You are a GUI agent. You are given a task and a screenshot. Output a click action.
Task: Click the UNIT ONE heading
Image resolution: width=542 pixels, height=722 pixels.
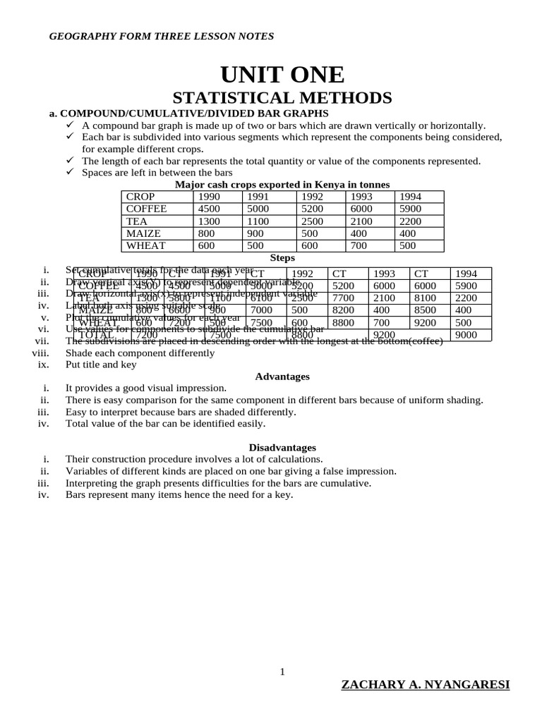(x=282, y=74)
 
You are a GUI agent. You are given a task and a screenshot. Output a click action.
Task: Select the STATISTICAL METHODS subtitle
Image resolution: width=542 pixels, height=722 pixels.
(x=282, y=98)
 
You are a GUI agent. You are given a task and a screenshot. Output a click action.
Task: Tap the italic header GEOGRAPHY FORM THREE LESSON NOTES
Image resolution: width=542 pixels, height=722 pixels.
(x=162, y=37)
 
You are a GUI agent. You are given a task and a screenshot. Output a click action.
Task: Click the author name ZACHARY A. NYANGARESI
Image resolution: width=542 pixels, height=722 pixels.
(x=425, y=685)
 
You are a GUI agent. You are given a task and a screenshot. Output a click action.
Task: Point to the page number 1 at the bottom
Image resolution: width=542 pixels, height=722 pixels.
(x=282, y=672)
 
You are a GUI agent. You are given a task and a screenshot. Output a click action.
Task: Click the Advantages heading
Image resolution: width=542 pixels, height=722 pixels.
(x=282, y=377)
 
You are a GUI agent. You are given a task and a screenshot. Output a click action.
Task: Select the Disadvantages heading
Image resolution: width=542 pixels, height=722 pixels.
(x=282, y=448)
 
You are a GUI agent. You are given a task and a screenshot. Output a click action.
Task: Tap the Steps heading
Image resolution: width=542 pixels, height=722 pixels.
(x=282, y=258)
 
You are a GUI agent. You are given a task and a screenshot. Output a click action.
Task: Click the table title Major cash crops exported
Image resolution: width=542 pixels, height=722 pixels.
(x=282, y=185)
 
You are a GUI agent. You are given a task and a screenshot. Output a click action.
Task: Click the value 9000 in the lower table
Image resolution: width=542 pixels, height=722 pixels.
(x=466, y=335)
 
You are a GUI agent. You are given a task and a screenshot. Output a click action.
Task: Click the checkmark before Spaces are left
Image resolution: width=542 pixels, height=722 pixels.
(x=70, y=172)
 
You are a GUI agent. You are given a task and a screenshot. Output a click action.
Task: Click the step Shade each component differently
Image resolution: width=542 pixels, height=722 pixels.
(x=140, y=353)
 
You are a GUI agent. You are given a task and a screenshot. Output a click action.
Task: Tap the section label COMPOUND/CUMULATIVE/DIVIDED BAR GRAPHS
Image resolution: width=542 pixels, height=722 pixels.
(x=194, y=114)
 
